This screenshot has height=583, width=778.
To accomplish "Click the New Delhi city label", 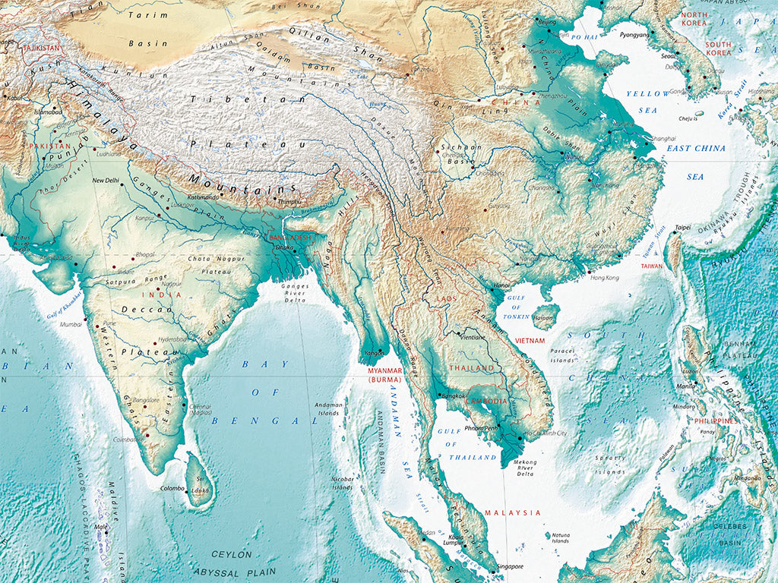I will click(x=106, y=181).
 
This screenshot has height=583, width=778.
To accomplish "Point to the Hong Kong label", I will click(x=604, y=278).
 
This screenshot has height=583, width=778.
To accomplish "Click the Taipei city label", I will click(x=682, y=227).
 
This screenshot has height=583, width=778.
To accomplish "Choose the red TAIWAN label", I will click(x=651, y=266).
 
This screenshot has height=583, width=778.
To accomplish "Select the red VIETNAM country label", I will click(x=530, y=342).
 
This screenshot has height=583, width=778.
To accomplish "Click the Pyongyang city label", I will click(x=634, y=35).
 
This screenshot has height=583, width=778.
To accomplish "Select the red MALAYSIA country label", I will click(x=513, y=512).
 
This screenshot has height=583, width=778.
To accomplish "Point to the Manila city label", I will click(x=687, y=386).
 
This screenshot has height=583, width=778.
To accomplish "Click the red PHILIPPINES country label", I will click(x=715, y=421).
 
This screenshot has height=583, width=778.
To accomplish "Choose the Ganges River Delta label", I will click(x=296, y=294).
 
